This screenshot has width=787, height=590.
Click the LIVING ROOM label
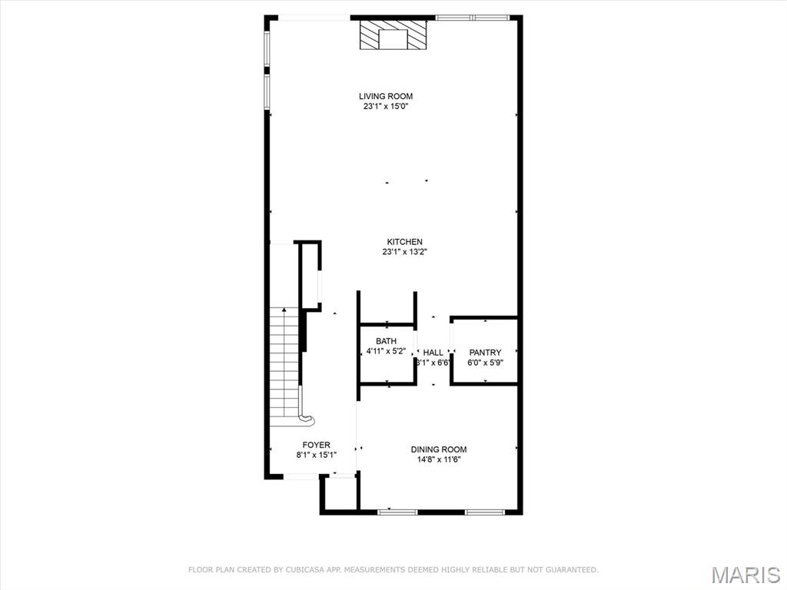(386, 96)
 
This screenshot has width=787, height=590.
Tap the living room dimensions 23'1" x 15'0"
(386, 107)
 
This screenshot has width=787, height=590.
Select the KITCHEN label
(404, 242)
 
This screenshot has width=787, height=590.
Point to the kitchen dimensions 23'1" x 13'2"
(404, 252)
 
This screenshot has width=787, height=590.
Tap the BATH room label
(386, 341)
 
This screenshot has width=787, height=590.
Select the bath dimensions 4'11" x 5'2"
(386, 351)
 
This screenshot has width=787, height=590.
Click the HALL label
(433, 353)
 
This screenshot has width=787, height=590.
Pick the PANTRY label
(485, 353)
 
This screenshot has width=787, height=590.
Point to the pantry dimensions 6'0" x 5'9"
(485, 363)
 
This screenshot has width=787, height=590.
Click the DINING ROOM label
(438, 449)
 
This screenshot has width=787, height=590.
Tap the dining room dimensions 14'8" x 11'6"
(438, 460)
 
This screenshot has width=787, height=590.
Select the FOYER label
(316, 445)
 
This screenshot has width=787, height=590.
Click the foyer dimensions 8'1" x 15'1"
(316, 455)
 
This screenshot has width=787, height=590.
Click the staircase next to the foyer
(284, 361)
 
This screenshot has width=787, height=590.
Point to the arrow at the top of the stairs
(284, 310)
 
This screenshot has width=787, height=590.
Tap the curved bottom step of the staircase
(306, 419)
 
